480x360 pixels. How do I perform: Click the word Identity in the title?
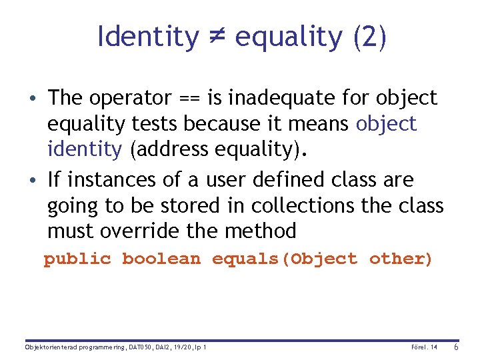coord(147,37)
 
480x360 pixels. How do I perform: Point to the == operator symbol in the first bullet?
coord(193,99)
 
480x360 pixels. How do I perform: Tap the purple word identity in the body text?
coord(85,149)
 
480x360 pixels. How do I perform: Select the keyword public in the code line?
coord(77,259)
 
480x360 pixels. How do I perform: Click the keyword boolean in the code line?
coord(161,259)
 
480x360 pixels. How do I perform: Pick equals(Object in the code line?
coord(285,259)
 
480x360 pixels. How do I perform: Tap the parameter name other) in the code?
coord(401,259)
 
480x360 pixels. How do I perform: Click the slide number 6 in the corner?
coord(456,347)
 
